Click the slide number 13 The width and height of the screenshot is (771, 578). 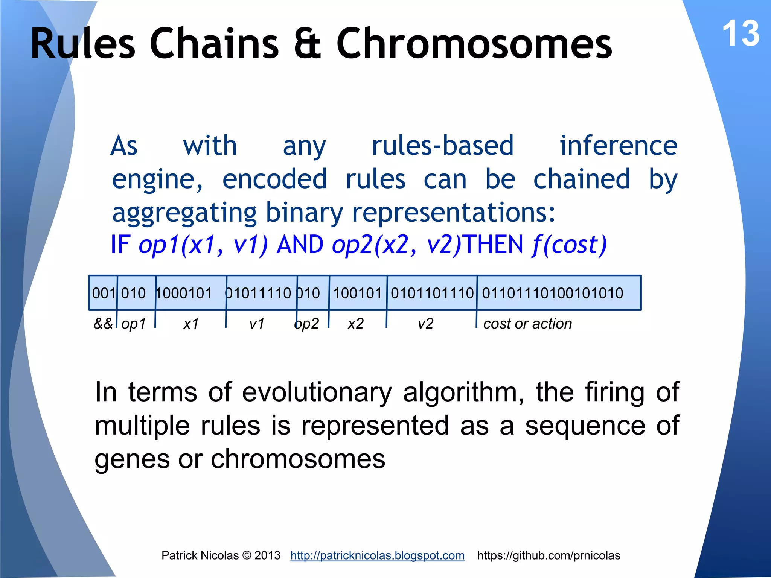tap(741, 34)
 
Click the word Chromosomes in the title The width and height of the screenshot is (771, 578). tap(474, 44)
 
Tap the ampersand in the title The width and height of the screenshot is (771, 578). tap(307, 44)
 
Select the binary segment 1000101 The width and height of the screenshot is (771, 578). tap(184, 293)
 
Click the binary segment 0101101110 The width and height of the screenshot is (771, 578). tap(432, 293)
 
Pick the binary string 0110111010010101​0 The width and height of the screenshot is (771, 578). tap(552, 293)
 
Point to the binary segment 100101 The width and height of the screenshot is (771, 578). tap(358, 293)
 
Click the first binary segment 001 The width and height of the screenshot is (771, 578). tap(104, 293)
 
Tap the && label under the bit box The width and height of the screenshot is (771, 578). tap(103, 324)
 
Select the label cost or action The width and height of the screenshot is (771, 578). tap(527, 324)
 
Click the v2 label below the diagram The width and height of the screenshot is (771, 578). tap(425, 324)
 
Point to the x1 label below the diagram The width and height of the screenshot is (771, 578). tap(191, 324)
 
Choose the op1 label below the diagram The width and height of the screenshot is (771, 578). tap(134, 324)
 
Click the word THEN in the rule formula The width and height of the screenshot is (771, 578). tap(493, 245)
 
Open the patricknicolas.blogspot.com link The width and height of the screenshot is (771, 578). tap(377, 555)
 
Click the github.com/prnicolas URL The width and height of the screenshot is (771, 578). tap(549, 555)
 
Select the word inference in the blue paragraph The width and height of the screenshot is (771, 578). tap(619, 146)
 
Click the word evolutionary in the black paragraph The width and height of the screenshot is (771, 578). tap(317, 392)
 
